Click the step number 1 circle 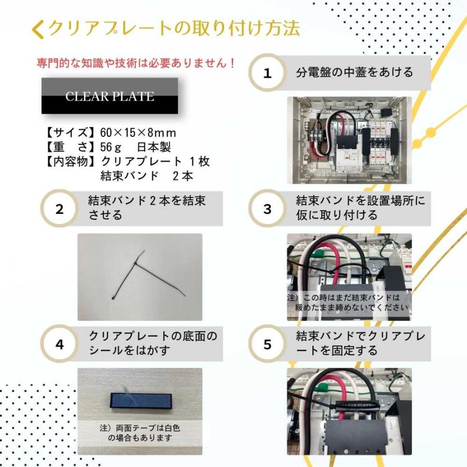[x=267, y=73]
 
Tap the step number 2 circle [x=60, y=210]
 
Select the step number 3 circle [x=267, y=210]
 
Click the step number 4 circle [x=60, y=344]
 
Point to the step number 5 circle [x=267, y=344]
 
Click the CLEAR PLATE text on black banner [x=109, y=97]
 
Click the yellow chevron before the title [x=37, y=30]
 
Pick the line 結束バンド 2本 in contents [x=147, y=176]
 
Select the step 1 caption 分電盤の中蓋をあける [x=354, y=72]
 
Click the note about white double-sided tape [x=139, y=433]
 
